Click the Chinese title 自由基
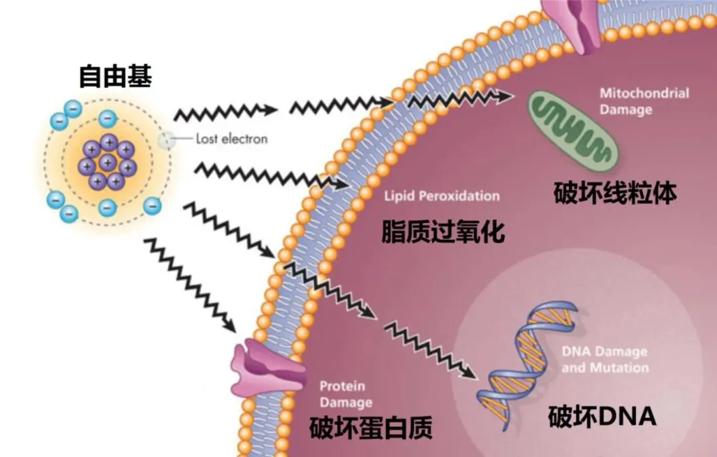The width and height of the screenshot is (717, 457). pyautogui.click(x=116, y=76)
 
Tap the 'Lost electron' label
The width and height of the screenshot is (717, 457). pyautogui.click(x=232, y=139)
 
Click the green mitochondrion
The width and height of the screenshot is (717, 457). pyautogui.click(x=573, y=130)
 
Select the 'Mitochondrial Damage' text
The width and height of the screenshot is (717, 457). pyautogui.click(x=644, y=102)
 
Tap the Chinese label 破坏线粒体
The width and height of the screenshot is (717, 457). pyautogui.click(x=615, y=193)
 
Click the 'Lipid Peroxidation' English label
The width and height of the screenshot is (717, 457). pyautogui.click(x=441, y=196)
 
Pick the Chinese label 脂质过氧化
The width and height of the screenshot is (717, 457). pyautogui.click(x=443, y=231)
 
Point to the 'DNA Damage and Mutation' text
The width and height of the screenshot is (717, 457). pyautogui.click(x=605, y=359)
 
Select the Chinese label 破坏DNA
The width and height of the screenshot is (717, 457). pyautogui.click(x=601, y=416)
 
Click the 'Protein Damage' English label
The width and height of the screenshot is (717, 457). pyautogui.click(x=345, y=394)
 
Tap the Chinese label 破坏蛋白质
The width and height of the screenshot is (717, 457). pyautogui.click(x=370, y=428)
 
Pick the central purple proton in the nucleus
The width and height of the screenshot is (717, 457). pyautogui.click(x=108, y=162)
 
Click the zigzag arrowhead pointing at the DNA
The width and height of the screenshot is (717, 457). pyautogui.click(x=470, y=373)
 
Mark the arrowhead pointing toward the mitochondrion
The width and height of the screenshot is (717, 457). pyautogui.click(x=505, y=96)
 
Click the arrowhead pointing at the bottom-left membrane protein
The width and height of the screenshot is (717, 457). pyautogui.click(x=230, y=325)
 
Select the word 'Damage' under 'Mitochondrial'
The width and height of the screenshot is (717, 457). pyautogui.click(x=625, y=110)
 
